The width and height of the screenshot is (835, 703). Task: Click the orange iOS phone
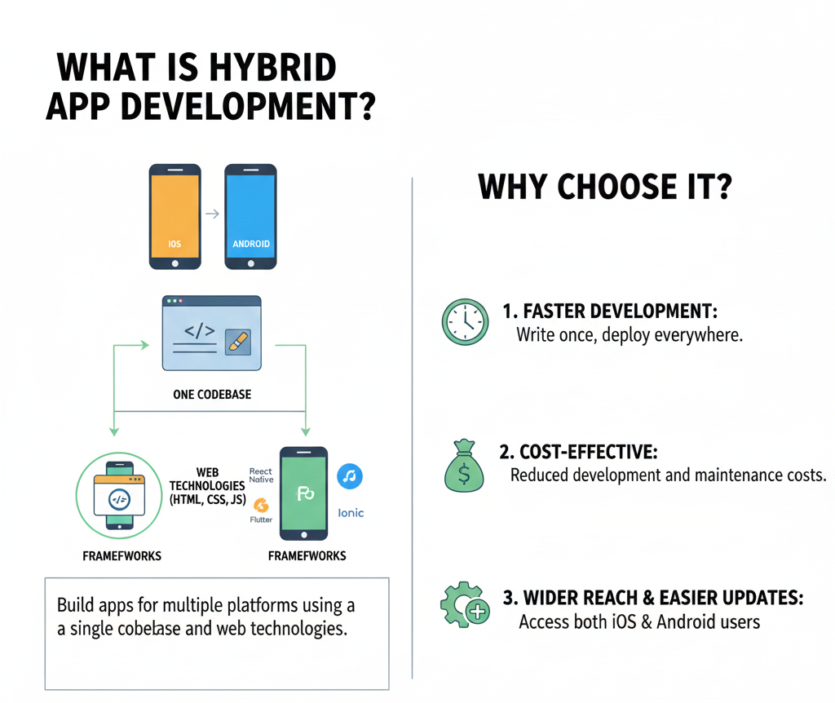point(175,216)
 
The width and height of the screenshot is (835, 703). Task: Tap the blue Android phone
point(250,216)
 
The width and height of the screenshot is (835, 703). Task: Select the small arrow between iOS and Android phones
point(212,214)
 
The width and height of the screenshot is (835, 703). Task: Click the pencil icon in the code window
point(238,341)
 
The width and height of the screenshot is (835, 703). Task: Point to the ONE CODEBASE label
point(212,394)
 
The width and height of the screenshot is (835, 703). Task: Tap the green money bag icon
point(462,466)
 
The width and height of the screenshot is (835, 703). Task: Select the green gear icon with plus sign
point(464,604)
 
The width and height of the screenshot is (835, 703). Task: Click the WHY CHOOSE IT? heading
point(604,187)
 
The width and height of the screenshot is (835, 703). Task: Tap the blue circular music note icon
point(350,476)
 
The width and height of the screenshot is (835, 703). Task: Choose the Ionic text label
point(351,513)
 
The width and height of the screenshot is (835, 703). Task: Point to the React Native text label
point(261,476)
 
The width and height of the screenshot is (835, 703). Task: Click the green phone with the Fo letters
point(303,493)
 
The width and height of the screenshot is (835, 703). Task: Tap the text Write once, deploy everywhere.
point(630,335)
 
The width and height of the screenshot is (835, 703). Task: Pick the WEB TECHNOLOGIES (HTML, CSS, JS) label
point(207,487)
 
